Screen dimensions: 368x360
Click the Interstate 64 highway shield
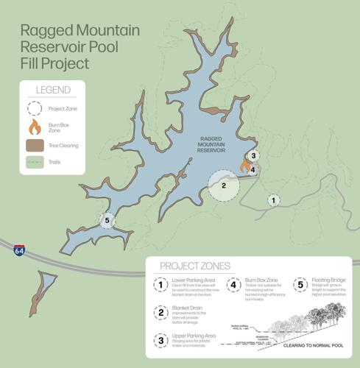19,251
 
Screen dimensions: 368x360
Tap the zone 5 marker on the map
107,219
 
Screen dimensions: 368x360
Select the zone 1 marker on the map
273,199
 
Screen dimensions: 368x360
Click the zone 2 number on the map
222,186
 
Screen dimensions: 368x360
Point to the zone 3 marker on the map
253,156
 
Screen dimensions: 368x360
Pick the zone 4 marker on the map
253,170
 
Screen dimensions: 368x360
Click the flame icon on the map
244,166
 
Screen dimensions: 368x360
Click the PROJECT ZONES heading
188,266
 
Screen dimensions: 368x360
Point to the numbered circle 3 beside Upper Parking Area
160,339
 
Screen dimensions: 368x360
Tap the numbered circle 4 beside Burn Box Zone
233,285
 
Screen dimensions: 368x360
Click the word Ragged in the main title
46,31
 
